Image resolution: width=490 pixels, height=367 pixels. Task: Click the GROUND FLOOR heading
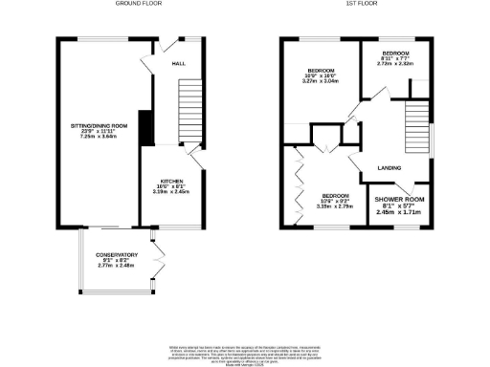click(140, 4)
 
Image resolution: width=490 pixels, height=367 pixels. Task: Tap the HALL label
click(178, 63)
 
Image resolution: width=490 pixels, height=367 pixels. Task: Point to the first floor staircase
click(415, 124)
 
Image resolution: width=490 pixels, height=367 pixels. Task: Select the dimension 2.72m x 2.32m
click(394, 64)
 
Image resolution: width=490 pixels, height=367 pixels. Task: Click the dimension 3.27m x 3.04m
click(320, 82)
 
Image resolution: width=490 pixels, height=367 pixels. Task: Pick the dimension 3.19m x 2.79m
click(335, 205)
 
